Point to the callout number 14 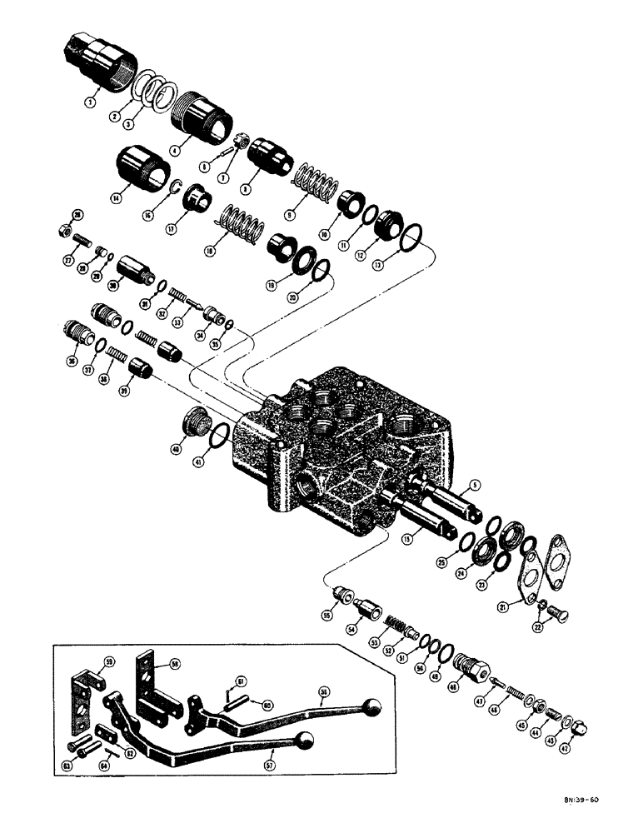click(115, 197)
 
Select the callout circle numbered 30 click(113, 284)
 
